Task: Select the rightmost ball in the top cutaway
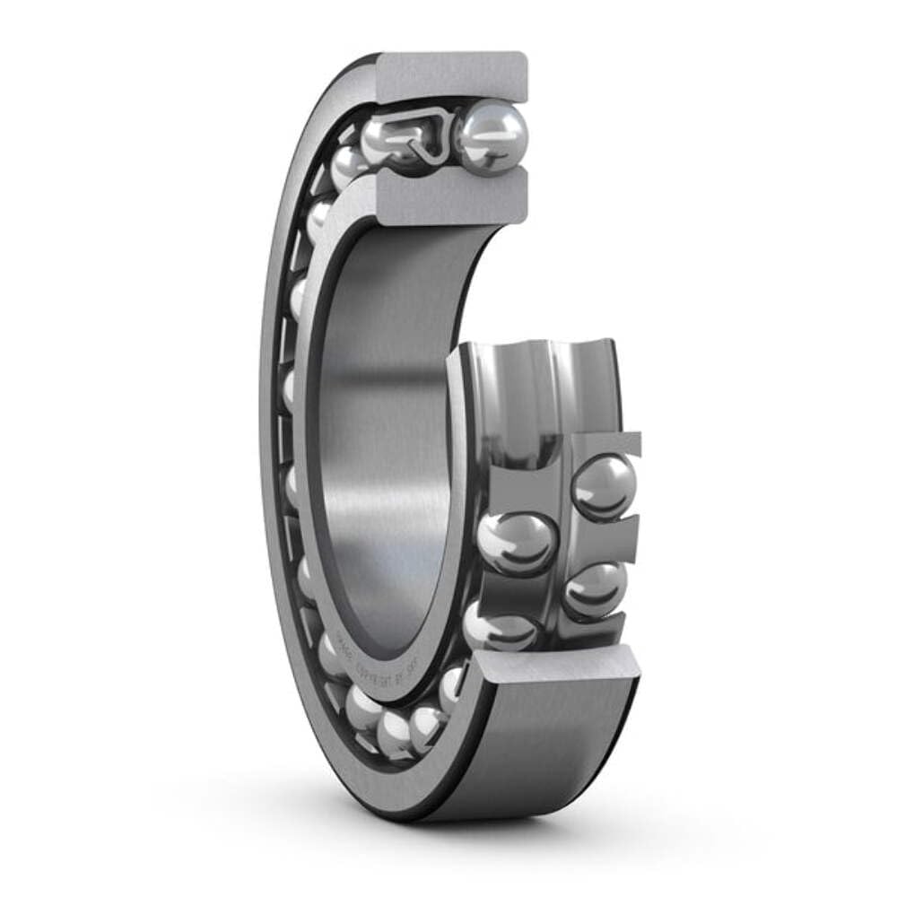491,136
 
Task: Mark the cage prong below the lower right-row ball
610,632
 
